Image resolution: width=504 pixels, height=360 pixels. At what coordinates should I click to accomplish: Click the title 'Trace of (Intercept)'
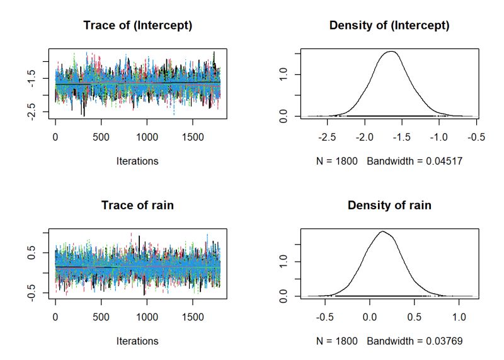coord(137,26)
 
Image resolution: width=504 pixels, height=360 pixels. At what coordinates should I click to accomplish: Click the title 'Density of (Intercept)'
coord(389,26)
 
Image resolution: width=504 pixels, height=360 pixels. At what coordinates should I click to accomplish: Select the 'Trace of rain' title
coord(137,206)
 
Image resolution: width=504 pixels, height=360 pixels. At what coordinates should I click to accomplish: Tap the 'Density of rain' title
coord(389,206)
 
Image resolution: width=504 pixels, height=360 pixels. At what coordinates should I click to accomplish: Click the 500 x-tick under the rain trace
coord(101,316)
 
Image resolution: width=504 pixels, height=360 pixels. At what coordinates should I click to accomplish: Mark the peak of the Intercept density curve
coord(391,52)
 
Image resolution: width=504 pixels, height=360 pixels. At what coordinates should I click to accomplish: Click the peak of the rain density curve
coord(382,231)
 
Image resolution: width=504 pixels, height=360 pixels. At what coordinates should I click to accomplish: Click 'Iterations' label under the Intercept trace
coord(137,161)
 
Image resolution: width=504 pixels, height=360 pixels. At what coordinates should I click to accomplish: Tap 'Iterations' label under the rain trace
coord(137,341)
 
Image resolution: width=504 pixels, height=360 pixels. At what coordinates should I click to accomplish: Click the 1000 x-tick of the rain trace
coord(146,316)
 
